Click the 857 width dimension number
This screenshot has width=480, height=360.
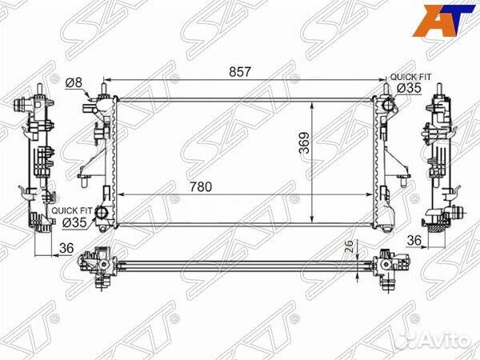tap(240, 72)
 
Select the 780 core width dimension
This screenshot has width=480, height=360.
tap(201, 186)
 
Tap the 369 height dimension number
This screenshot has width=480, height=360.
tap(305, 142)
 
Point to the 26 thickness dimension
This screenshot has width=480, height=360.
tap(350, 246)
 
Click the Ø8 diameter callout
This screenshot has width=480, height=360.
tap(74, 82)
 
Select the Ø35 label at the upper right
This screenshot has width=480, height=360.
tap(409, 88)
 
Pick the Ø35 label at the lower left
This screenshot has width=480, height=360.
tap(74, 223)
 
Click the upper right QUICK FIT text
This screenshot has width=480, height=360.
tap(410, 77)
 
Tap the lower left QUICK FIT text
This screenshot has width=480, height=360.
tap(72, 211)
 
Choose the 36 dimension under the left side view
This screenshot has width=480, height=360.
tap(66, 248)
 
